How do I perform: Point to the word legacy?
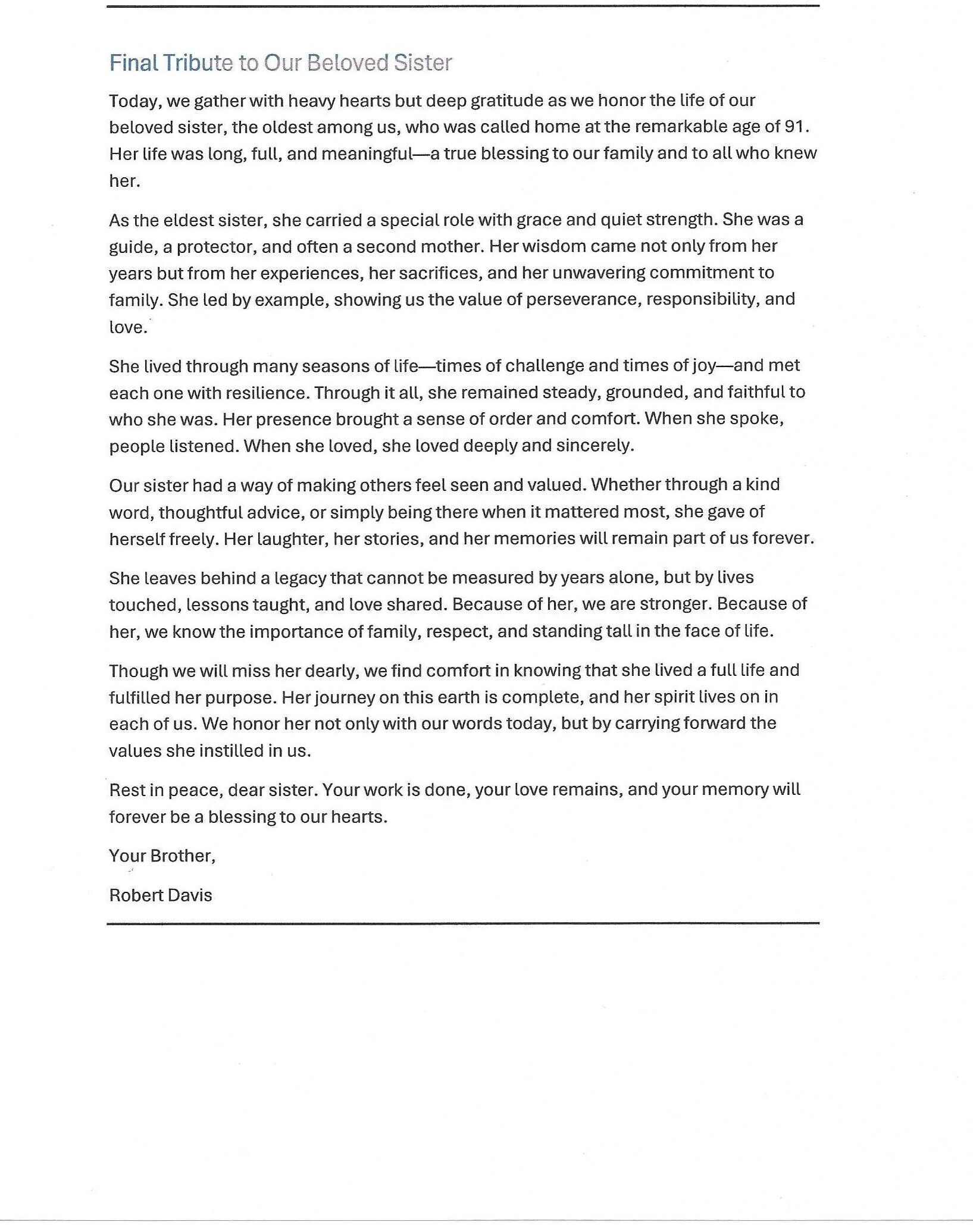(291, 578)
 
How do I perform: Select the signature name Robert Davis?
(161, 895)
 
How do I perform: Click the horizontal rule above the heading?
(463, 6)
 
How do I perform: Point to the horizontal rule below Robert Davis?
(463, 923)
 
